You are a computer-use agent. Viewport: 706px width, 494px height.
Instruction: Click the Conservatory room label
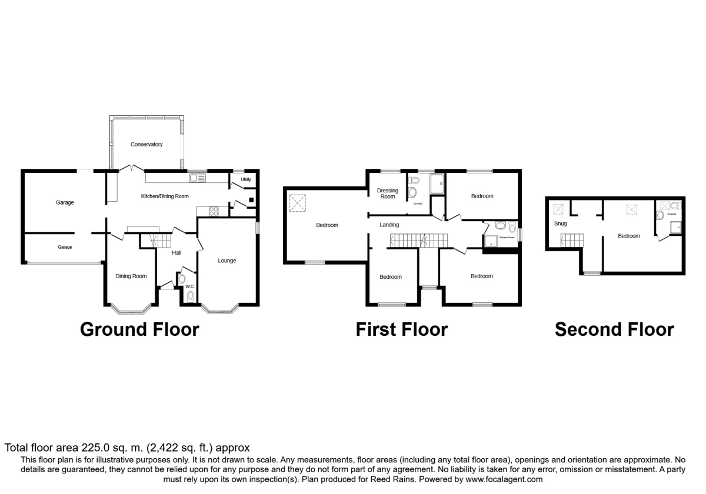[147, 144]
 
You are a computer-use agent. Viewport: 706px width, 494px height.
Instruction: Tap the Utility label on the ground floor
[245, 179]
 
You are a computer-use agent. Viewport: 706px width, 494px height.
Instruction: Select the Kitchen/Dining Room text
[164, 196]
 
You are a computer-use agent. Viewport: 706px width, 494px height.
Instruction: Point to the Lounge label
[227, 261]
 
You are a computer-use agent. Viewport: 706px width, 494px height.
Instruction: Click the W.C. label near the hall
[189, 286]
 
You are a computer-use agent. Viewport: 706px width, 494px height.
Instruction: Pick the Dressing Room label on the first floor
[388, 193]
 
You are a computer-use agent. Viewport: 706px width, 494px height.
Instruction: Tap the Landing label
[389, 225]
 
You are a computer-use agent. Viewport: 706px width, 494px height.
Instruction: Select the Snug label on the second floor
[560, 223]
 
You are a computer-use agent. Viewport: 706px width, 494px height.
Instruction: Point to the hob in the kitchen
[211, 210]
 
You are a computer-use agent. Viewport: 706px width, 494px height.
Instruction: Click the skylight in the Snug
[557, 208]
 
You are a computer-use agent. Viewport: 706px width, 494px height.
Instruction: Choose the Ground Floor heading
[139, 329]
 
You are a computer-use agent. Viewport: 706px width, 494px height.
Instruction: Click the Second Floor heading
[614, 329]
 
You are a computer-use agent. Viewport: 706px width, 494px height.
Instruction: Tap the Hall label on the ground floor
[176, 253]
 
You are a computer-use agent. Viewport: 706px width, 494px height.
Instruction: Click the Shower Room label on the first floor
[507, 238]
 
